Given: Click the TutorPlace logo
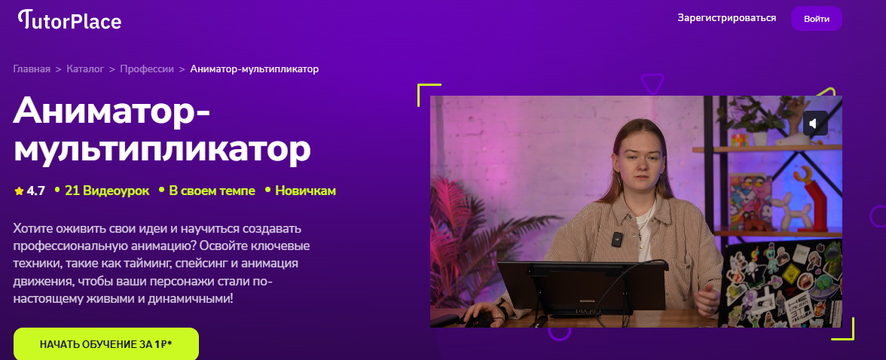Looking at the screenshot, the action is [x=69, y=20].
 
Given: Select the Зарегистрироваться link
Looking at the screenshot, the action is [x=726, y=18].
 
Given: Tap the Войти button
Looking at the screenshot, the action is [x=817, y=19].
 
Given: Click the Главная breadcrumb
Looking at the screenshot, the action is [x=32, y=69].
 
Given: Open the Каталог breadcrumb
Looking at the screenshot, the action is [x=85, y=69].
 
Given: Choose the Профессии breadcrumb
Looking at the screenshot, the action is [x=147, y=69].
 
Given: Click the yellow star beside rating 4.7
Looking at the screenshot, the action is [x=20, y=191].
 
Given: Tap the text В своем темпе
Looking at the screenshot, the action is [x=212, y=191].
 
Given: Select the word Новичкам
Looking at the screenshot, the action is [x=306, y=191].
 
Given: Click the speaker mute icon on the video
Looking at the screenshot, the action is [x=815, y=124].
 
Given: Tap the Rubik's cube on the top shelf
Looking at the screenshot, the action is [x=738, y=139].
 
